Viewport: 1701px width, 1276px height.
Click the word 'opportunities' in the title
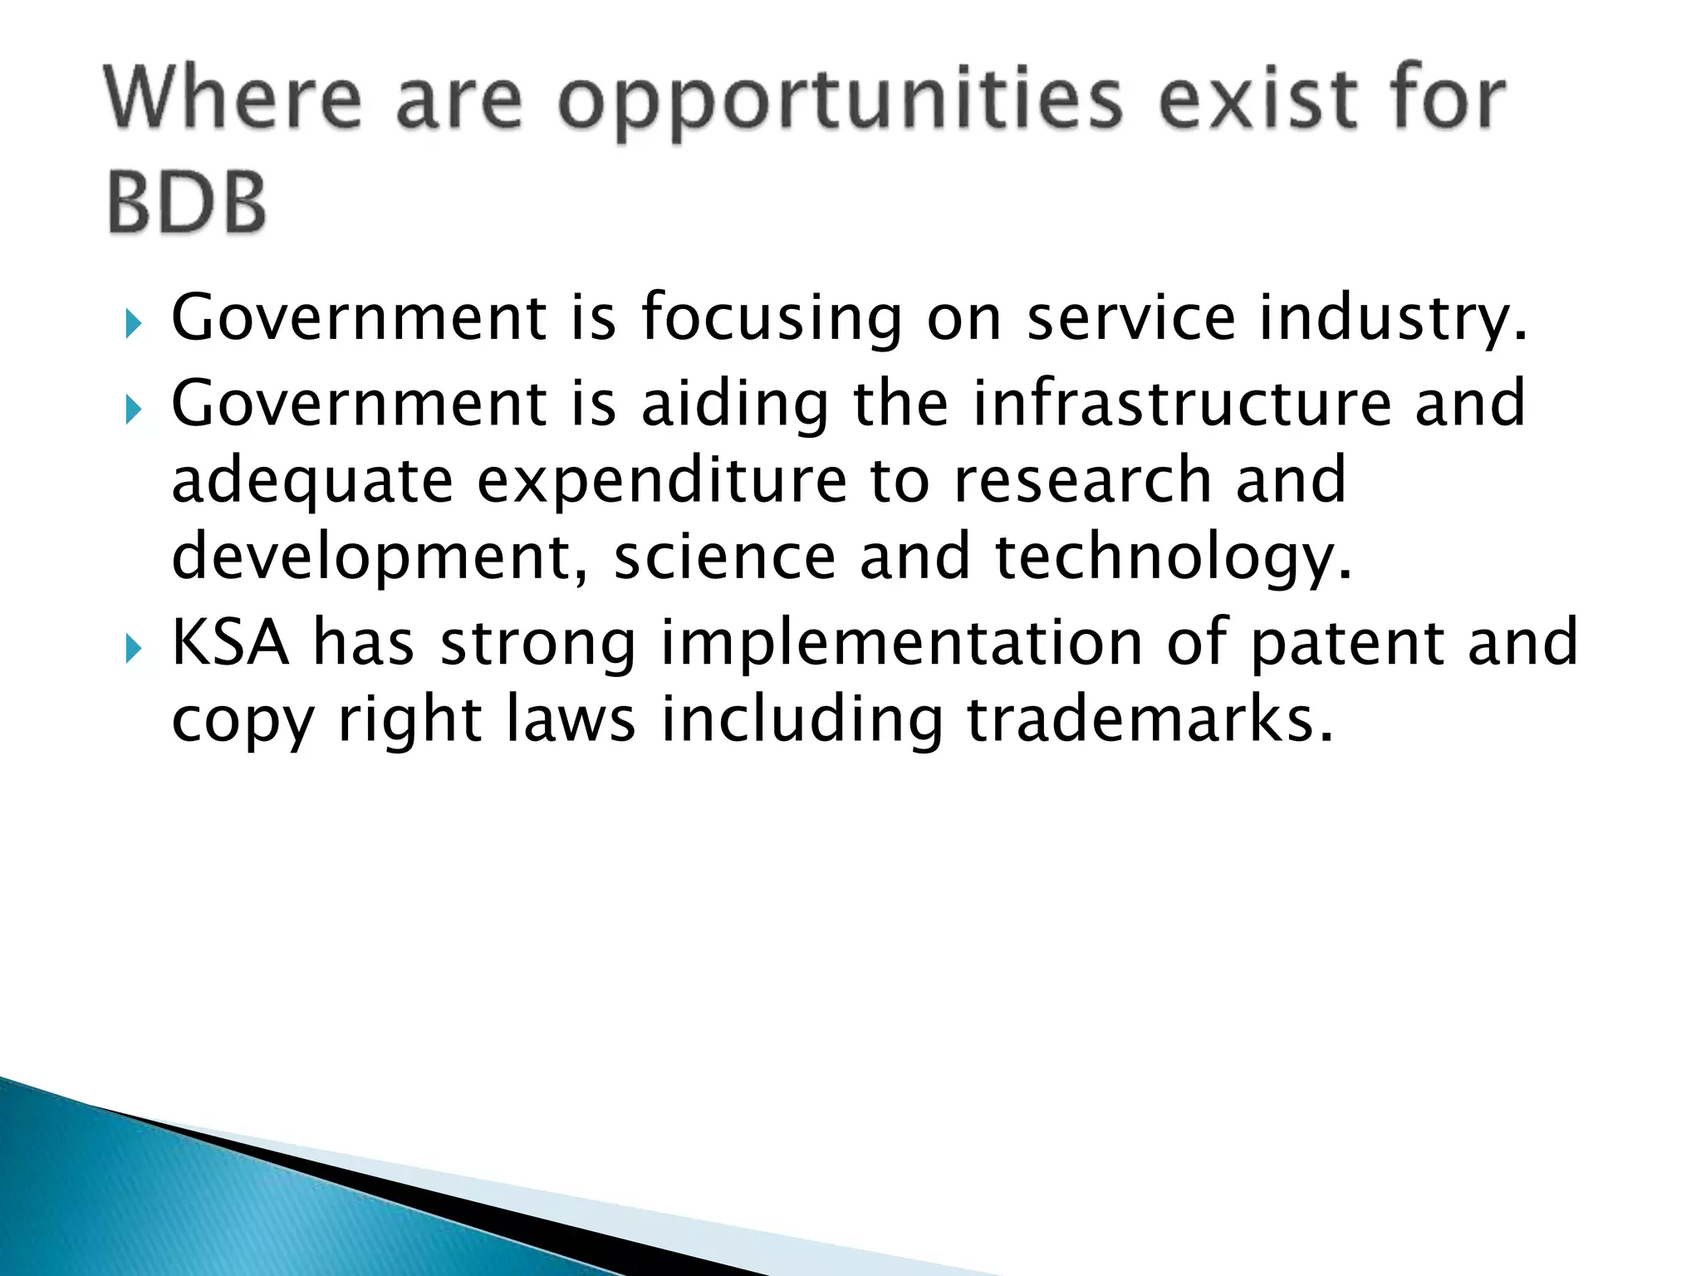pos(840,102)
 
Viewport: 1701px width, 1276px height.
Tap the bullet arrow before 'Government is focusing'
pos(134,323)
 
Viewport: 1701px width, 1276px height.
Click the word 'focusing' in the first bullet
pos(771,320)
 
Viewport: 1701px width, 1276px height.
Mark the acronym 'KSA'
pos(230,642)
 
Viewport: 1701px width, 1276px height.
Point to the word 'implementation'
pos(901,644)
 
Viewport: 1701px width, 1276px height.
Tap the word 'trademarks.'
pos(1150,719)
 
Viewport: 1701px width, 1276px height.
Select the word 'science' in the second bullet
pos(724,557)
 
